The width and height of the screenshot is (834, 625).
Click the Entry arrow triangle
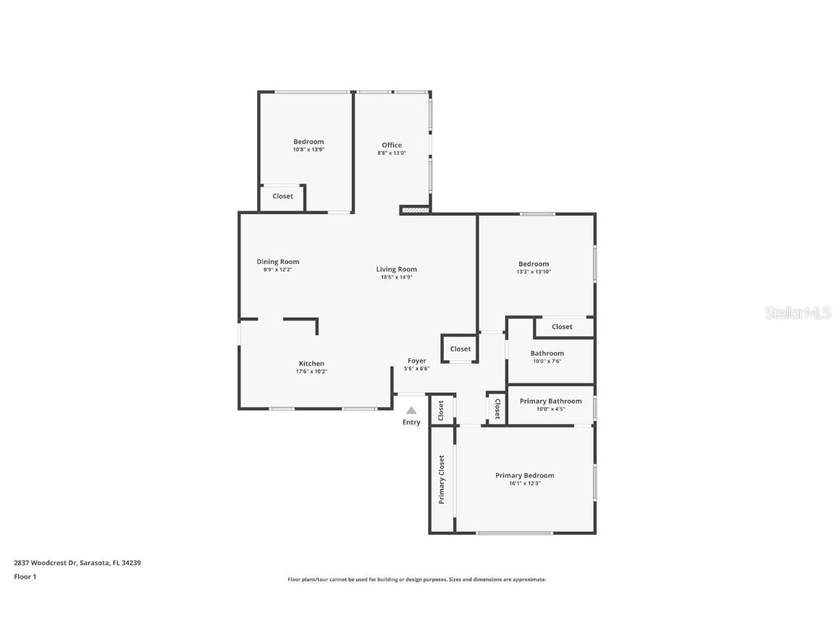pos(411,410)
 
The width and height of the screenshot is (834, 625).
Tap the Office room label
pos(392,145)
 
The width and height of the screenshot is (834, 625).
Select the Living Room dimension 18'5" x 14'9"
pos(397,277)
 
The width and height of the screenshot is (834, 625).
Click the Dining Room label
pos(277,262)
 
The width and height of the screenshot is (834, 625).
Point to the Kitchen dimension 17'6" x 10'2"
pos(311,372)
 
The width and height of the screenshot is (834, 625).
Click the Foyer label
pos(417,360)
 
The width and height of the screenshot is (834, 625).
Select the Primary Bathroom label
pos(550,401)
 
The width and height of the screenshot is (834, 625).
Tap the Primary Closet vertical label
pos(442,480)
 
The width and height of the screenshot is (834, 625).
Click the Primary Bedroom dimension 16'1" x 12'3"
pos(525,483)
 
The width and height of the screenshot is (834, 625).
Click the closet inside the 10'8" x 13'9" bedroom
pos(282,197)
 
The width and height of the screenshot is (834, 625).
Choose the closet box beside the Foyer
pos(460,349)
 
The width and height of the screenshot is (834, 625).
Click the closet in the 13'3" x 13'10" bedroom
pos(562,327)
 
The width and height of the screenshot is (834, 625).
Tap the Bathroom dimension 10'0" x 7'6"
pos(547,362)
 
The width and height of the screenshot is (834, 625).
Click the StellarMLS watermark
pos(799,313)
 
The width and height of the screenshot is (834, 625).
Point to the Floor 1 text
pos(25,577)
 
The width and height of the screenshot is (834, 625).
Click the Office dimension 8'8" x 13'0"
pos(392,153)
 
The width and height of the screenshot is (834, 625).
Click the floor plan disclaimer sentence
pos(417,579)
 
